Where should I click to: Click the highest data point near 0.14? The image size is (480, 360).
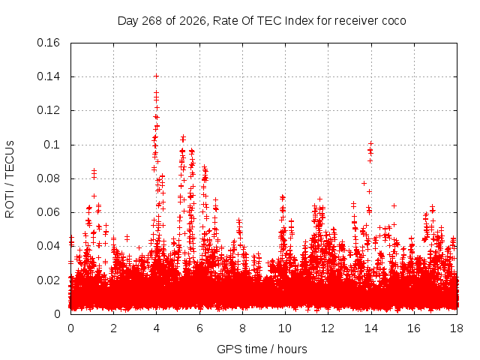coord(156,76)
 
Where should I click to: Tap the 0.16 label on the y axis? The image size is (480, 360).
coord(48,43)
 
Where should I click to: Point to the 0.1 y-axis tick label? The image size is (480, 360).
coord(52,145)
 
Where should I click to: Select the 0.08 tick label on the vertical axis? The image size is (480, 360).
coord(48,178)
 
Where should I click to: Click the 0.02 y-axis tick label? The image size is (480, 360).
coord(48,280)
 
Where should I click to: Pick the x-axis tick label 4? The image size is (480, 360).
coord(157,328)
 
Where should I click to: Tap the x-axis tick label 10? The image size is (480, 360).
coord(285,328)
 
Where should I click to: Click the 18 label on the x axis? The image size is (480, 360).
coord(457,328)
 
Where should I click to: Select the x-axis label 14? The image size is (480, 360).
coord(371,328)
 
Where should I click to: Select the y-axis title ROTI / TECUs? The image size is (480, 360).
coord(10,179)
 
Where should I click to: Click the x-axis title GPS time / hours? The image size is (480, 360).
coord(262,349)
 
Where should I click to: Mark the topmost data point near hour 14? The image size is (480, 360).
coord(371,143)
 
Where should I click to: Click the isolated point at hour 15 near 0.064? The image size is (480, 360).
coord(394,205)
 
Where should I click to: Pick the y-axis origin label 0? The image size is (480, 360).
coord(57,314)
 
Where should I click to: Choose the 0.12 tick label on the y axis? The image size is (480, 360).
coord(48,110)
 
